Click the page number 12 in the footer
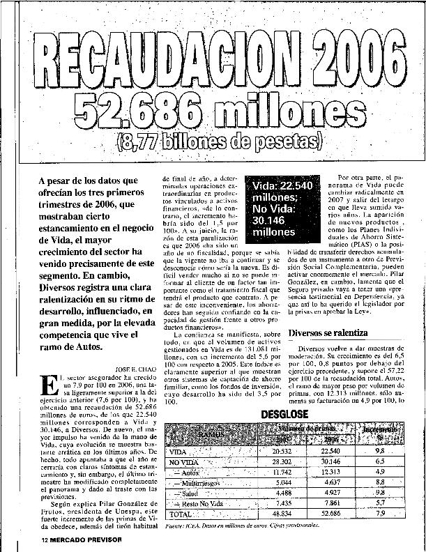point(43,541)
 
